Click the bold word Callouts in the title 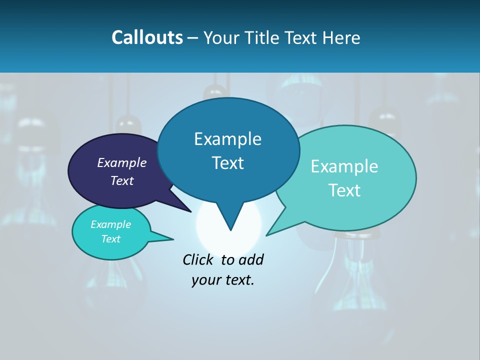tap(147, 37)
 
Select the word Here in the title tap(340, 37)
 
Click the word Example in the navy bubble tap(121, 162)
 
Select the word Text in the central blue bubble tap(228, 163)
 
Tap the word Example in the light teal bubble tap(344, 166)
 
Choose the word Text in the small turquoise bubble tap(111, 239)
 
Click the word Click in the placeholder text tap(197, 259)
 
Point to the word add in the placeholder tap(251, 259)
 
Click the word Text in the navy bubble tap(122, 180)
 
